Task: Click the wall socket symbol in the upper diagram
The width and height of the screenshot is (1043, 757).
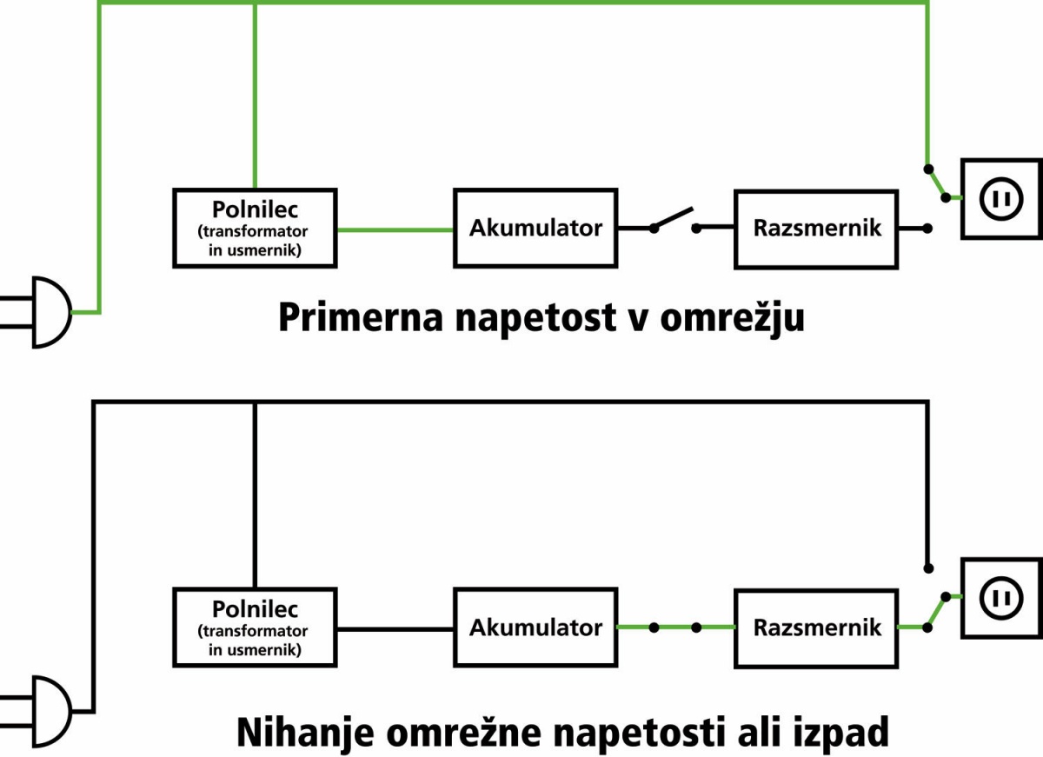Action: click(1002, 199)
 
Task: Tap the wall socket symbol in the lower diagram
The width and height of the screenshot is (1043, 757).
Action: click(1002, 598)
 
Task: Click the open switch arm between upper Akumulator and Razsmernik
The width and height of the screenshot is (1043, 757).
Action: click(674, 218)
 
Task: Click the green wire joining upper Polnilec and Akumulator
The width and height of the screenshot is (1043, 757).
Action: click(395, 229)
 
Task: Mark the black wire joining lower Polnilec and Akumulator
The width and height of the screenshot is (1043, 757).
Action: click(395, 629)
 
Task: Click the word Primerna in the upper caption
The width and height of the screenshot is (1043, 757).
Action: click(361, 317)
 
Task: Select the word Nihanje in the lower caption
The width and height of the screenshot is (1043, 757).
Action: click(305, 733)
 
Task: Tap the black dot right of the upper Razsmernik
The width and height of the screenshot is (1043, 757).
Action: click(927, 228)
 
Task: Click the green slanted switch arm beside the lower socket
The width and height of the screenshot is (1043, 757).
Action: click(936, 612)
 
